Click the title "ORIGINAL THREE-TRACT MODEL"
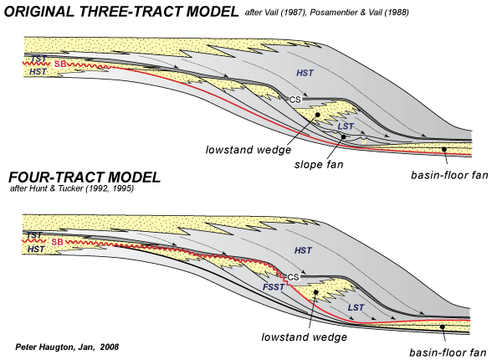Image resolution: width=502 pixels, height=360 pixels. [121, 12]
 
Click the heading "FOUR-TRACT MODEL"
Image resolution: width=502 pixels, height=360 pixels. [85, 177]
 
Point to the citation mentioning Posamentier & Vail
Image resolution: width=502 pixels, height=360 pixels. [327, 13]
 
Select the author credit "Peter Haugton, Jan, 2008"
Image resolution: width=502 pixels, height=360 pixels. [67, 347]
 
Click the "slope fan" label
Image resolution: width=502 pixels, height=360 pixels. [319, 165]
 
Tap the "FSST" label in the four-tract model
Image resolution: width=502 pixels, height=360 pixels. [274, 287]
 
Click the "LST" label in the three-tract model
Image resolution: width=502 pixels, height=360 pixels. [346, 126]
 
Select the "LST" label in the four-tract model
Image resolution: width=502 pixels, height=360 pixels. [356, 308]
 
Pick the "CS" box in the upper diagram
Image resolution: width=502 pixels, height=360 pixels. [295, 100]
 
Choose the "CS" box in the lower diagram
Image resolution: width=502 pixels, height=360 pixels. [293, 277]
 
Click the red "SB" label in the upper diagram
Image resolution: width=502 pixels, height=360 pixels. [60, 64]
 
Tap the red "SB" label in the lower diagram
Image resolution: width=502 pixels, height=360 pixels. [57, 242]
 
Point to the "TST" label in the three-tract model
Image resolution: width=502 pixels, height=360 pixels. [39, 59]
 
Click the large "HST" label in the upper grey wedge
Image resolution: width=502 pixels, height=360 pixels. [305, 73]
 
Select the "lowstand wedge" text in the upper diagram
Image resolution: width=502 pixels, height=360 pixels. [248, 150]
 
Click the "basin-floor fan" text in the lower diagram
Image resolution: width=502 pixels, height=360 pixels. [448, 352]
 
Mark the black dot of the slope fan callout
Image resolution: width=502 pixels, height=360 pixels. [343, 136]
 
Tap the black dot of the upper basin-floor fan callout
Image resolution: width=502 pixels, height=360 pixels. [444, 149]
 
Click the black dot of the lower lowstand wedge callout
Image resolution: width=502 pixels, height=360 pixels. [315, 292]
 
